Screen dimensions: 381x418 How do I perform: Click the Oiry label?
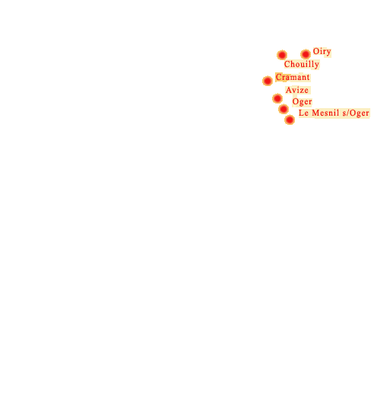pyautogui.click(x=322, y=52)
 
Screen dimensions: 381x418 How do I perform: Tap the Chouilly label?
pyautogui.click(x=302, y=64)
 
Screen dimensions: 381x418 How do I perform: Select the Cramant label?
pyautogui.click(x=293, y=77)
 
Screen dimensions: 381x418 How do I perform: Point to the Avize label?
pyautogui.click(x=297, y=90)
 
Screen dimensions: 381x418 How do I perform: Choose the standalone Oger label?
pyautogui.click(x=302, y=102)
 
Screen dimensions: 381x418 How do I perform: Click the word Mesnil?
pyautogui.click(x=325, y=113)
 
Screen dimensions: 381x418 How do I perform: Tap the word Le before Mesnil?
pyautogui.click(x=303, y=113)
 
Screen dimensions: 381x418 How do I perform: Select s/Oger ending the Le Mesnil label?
pyautogui.click(x=356, y=113)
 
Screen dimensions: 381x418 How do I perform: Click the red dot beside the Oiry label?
pyautogui.click(x=306, y=54)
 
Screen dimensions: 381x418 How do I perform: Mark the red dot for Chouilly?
pyautogui.click(x=282, y=55)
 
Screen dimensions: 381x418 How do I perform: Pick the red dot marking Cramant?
pyautogui.click(x=267, y=81)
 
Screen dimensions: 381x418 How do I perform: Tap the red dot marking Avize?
pyautogui.click(x=277, y=98)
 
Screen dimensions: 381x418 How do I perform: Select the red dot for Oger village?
pyautogui.click(x=283, y=109)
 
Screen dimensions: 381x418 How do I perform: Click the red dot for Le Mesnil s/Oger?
pyautogui.click(x=290, y=120)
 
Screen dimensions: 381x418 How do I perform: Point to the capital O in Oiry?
pyautogui.click(x=316, y=51)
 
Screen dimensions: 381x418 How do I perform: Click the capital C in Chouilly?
pyautogui.click(x=287, y=64)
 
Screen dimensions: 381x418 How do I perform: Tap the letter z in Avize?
pyautogui.click(x=301, y=91)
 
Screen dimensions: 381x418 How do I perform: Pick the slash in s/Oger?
pyautogui.click(x=348, y=113)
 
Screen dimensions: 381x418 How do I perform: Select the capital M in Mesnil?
pyautogui.click(x=315, y=113)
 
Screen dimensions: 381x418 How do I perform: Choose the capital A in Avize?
pyautogui.click(x=289, y=90)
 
